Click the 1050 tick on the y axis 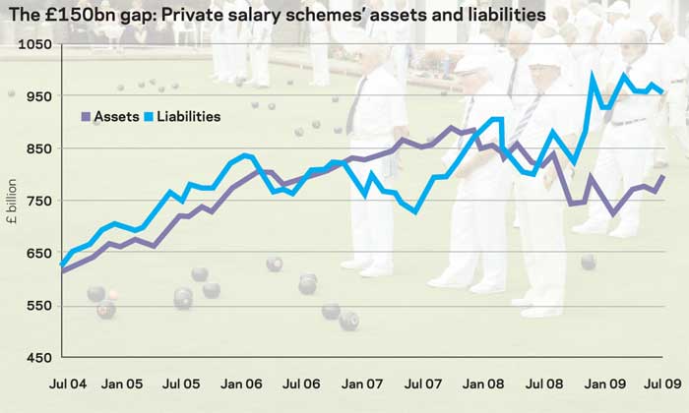(x=32, y=46)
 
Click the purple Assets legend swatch (x=85, y=116)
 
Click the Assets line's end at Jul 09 (x=662, y=177)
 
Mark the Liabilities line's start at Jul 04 (x=62, y=264)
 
